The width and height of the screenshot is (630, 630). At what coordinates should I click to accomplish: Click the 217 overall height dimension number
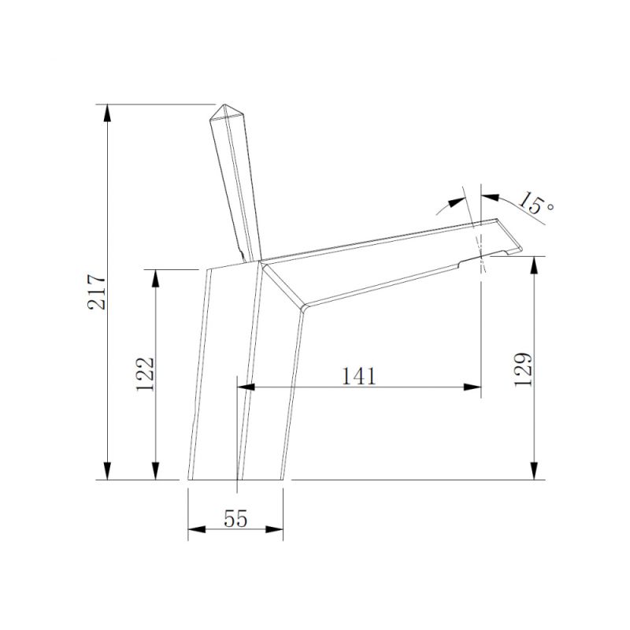tap(97, 292)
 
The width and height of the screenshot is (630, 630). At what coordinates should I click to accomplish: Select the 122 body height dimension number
tap(145, 374)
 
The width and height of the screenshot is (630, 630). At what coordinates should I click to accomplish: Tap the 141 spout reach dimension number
tap(359, 376)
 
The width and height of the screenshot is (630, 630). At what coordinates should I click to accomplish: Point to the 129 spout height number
tap(523, 369)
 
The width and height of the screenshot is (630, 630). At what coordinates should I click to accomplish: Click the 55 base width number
tap(235, 518)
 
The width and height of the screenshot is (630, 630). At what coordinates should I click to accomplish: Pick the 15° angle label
tap(535, 203)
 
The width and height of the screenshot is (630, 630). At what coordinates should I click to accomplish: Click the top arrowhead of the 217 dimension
tap(107, 113)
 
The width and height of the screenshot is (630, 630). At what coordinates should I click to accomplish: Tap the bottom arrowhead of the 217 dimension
tap(107, 471)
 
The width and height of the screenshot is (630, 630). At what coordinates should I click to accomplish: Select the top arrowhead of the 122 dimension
tap(156, 278)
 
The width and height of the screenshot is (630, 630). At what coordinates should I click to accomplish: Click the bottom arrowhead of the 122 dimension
tap(156, 471)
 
